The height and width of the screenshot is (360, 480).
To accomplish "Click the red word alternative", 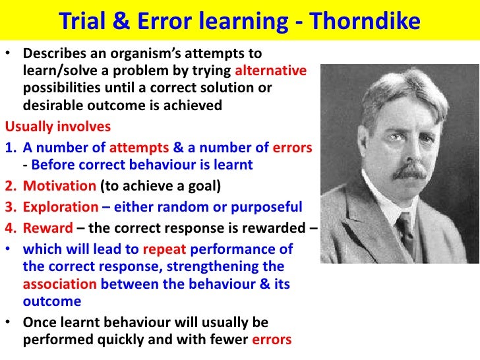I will click(x=271, y=71).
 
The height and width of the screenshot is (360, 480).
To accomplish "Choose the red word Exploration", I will click(x=60, y=207).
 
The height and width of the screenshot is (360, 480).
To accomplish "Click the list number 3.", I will click(x=10, y=207).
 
